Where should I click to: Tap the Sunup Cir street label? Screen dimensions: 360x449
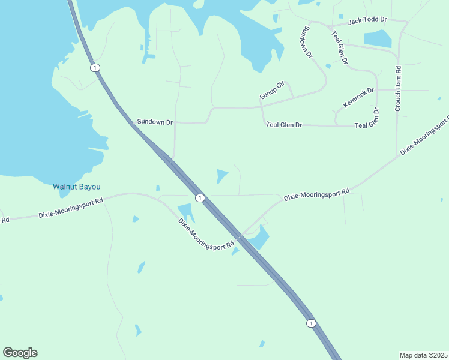tap(271, 89)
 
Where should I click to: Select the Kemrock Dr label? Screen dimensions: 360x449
tap(358, 98)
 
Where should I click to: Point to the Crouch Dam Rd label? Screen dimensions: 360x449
tap(398, 89)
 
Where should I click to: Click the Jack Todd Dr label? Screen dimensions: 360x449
tap(367, 20)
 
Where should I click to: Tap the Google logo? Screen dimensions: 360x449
tap(20, 353)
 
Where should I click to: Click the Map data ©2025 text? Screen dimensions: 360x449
tap(423, 355)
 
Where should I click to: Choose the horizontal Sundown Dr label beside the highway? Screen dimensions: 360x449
tap(155, 122)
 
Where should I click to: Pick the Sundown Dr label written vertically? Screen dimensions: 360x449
tap(308, 42)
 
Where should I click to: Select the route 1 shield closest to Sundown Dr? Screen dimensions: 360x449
tap(95, 67)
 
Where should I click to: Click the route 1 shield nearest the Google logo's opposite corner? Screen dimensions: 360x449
tap(310, 323)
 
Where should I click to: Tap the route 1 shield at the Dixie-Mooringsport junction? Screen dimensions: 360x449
tap(200, 198)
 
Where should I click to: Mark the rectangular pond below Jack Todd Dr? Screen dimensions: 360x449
tap(378, 38)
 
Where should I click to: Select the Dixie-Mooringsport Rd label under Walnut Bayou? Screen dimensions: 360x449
tap(71, 206)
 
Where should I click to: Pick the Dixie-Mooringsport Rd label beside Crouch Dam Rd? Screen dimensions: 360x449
tap(424, 137)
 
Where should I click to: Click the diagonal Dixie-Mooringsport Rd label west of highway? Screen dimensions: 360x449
tap(205, 234)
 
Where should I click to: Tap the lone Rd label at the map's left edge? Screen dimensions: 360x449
tap(5, 220)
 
